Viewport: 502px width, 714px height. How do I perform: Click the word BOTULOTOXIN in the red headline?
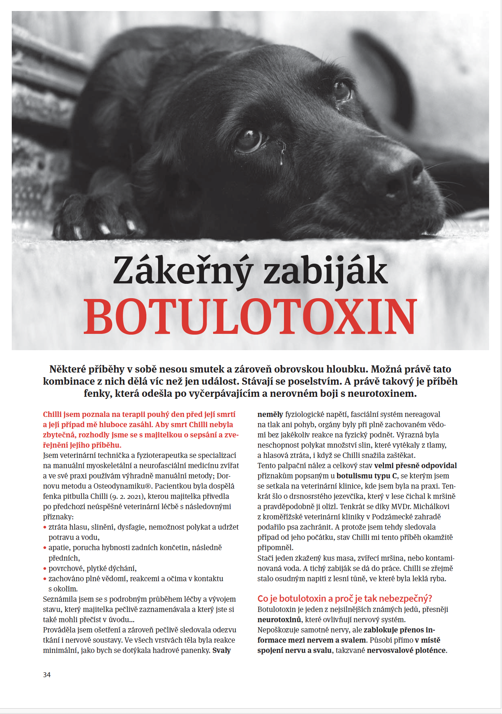pyautogui.click(x=250, y=317)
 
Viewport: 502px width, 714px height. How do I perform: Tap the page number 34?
pyautogui.click(x=47, y=675)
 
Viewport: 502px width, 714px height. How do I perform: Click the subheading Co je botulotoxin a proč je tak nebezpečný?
pyautogui.click(x=345, y=598)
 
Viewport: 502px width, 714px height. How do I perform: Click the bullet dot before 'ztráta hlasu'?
pyautogui.click(x=45, y=527)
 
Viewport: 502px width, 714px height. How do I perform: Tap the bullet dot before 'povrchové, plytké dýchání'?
pyautogui.click(x=45, y=569)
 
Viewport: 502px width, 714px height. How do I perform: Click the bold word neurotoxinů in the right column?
pyautogui.click(x=279, y=620)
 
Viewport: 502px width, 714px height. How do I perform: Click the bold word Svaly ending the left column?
pyautogui.click(x=221, y=650)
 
